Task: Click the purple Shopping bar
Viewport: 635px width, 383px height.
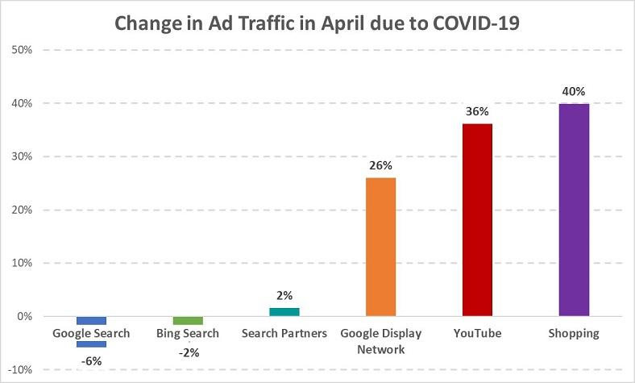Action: coord(574,210)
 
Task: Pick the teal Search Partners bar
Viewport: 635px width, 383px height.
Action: coord(284,311)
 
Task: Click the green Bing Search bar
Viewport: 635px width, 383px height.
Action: coord(188,320)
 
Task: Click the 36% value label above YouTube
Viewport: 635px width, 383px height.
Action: coord(477,111)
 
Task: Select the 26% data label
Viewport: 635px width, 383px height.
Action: coord(380,165)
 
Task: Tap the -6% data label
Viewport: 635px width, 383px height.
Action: coord(91,360)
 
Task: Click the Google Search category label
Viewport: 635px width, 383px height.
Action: coord(91,333)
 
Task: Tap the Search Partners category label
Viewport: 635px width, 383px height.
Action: coord(284,333)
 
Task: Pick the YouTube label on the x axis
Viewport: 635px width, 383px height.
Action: coord(477,333)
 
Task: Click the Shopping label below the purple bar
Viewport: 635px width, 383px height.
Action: coord(574,333)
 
